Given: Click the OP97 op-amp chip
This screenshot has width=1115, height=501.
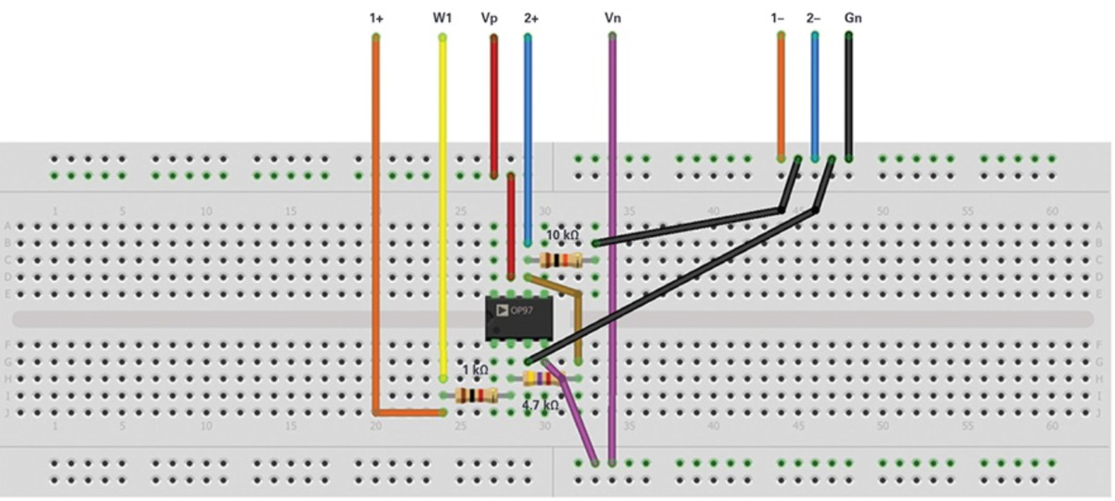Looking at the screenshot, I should coord(519,319).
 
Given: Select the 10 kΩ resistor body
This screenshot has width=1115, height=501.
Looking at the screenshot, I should coord(560,260).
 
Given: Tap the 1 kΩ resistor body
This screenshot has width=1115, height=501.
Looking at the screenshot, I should coord(477,396).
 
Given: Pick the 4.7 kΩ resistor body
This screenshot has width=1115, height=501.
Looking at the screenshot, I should coord(542,378).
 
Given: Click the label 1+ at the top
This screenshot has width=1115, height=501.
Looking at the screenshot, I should coord(375,18).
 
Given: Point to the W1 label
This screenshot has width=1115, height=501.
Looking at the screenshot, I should coord(442,18).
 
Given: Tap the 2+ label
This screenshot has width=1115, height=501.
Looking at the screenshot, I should coord(531,18).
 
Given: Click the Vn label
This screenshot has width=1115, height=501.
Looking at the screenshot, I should coord(612,18).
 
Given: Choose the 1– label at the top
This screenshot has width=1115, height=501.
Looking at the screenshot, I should coord(779,18).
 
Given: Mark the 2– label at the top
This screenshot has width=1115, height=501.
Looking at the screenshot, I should coord(814,18).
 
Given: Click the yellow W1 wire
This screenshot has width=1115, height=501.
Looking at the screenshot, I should coord(442,204).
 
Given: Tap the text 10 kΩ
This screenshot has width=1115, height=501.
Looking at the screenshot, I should coord(563,234).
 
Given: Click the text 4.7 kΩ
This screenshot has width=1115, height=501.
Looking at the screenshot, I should coord(540,405).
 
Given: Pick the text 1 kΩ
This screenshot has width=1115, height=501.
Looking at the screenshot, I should coord(475,370).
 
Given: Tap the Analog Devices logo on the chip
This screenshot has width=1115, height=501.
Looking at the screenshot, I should coord(501,310).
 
